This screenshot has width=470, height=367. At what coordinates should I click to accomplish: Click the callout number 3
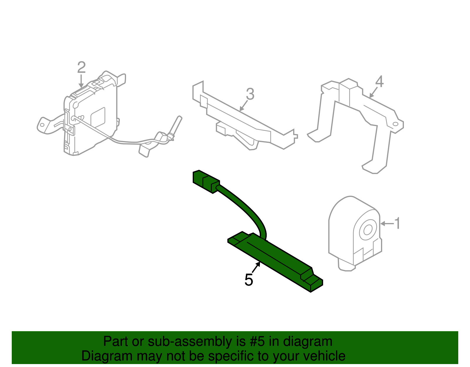click(250, 94)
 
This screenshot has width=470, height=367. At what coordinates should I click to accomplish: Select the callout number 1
click(397, 223)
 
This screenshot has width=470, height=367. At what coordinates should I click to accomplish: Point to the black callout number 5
click(249, 280)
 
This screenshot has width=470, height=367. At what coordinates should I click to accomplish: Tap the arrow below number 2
click(81, 81)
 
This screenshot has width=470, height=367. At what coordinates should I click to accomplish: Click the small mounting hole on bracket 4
click(395, 124)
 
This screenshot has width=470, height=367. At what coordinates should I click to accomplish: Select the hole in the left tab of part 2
click(42, 125)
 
